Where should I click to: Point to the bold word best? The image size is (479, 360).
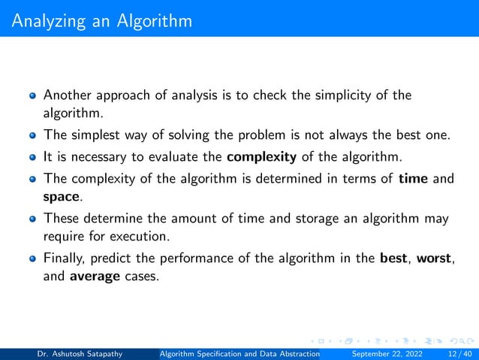(394, 258)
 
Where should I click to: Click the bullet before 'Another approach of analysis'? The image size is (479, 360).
(32, 96)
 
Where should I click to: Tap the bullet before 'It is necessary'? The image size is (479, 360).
(32, 157)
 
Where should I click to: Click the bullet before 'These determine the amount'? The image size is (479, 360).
(32, 218)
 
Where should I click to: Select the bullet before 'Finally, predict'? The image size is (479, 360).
(32, 259)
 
